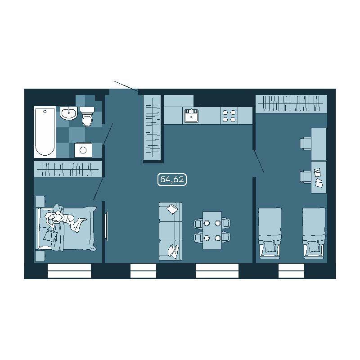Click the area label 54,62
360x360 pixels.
click(x=172, y=180)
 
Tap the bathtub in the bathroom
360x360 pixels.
click(x=45, y=132)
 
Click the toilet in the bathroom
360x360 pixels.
click(x=86, y=117)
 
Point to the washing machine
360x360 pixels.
click(x=83, y=150)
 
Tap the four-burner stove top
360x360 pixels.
click(x=229, y=116)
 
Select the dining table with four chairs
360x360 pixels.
click(x=212, y=230)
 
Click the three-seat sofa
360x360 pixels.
click(x=171, y=231)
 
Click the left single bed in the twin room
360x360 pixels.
click(x=270, y=233)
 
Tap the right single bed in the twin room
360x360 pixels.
click(x=314, y=233)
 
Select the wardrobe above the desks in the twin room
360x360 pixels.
click(x=291, y=104)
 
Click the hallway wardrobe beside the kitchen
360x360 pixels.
click(x=152, y=128)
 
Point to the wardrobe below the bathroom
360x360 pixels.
click(x=68, y=169)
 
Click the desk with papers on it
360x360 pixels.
click(x=319, y=177)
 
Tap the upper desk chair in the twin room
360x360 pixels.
click(x=306, y=144)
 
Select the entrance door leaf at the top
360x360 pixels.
click(x=126, y=85)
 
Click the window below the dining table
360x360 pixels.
click(x=217, y=271)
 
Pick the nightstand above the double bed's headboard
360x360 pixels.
click(x=40, y=201)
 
